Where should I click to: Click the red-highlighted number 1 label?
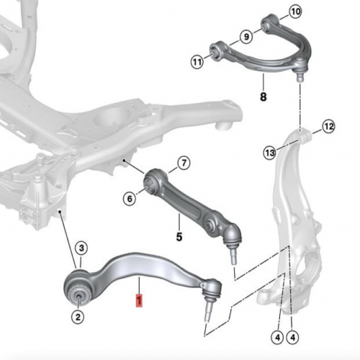click(x=139, y=300)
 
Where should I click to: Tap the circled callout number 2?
click(x=78, y=318)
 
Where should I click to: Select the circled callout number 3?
click(x=81, y=248)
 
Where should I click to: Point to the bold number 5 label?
click(x=179, y=237)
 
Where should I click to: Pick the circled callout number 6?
click(x=130, y=199)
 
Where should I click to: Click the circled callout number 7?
click(x=184, y=163)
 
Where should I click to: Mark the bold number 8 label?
click(x=264, y=96)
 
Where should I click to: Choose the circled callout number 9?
click(x=246, y=37)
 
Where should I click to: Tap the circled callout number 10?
click(x=295, y=12)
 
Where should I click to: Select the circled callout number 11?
click(x=197, y=62)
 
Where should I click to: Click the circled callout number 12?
click(x=328, y=127)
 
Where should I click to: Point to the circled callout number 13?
click(x=270, y=153)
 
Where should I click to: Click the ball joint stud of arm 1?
click(x=208, y=311)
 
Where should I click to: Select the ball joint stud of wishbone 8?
click(x=300, y=76)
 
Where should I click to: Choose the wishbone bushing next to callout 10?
click(x=267, y=24)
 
